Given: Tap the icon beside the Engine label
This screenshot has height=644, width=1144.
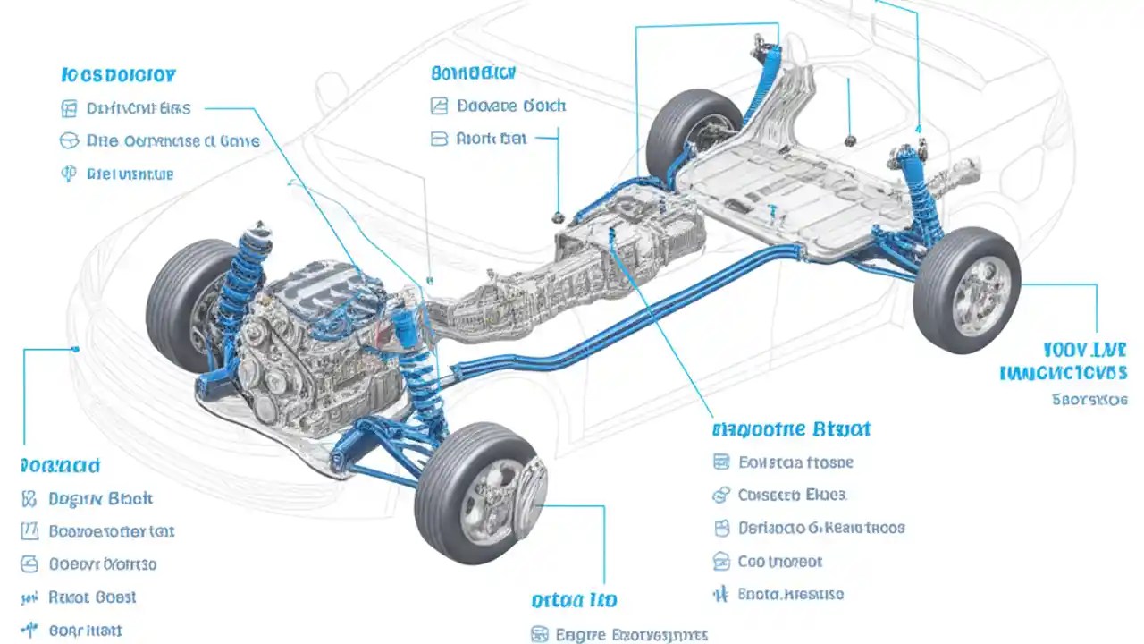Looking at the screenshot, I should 539,635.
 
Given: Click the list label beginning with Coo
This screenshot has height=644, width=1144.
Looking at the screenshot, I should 779,562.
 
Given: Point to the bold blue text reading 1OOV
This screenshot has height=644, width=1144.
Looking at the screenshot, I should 1084,350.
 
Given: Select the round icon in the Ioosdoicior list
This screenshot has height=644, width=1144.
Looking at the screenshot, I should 69,140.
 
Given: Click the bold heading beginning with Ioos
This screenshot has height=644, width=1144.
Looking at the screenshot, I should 119,75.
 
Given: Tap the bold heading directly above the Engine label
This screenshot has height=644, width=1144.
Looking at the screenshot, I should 574,600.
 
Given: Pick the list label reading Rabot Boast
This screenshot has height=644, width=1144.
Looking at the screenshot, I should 92,597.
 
